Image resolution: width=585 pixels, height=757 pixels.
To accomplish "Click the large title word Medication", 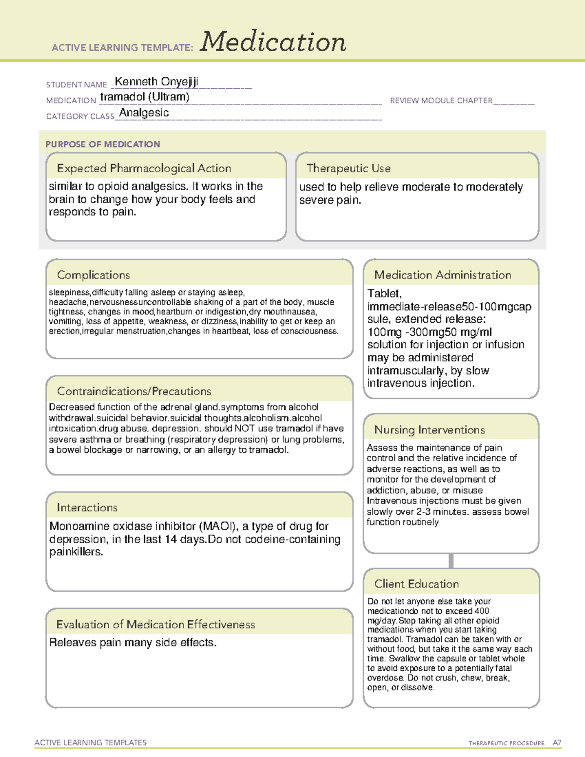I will click(273, 42).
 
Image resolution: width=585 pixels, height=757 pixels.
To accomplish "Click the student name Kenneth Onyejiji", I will click(156, 82).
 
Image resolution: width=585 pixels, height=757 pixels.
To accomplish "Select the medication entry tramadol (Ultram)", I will click(145, 97).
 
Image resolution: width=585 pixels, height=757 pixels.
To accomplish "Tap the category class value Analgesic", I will click(144, 113).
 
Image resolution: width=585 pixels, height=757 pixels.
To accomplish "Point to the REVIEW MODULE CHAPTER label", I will click(441, 101).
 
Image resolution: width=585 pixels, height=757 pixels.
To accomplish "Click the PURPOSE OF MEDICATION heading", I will click(103, 144).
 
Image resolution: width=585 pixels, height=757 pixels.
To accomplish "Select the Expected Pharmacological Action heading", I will click(144, 169).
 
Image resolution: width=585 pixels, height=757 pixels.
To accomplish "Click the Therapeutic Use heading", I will click(349, 169).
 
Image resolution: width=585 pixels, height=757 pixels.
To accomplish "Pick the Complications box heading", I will click(94, 275).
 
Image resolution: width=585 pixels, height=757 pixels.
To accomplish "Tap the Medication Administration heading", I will click(443, 275).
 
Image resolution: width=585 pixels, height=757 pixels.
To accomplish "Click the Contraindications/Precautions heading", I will click(134, 391).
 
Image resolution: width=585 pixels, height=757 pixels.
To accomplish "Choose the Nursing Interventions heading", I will click(429, 430).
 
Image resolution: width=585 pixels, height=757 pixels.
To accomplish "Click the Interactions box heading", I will click(87, 508).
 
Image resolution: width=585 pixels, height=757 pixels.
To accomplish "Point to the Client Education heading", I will click(417, 584).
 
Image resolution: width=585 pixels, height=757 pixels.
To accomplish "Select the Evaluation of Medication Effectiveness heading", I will click(156, 625).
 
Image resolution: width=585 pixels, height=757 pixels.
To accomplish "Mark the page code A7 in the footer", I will click(557, 743).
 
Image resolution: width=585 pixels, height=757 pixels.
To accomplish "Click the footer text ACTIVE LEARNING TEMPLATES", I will click(91, 742).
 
